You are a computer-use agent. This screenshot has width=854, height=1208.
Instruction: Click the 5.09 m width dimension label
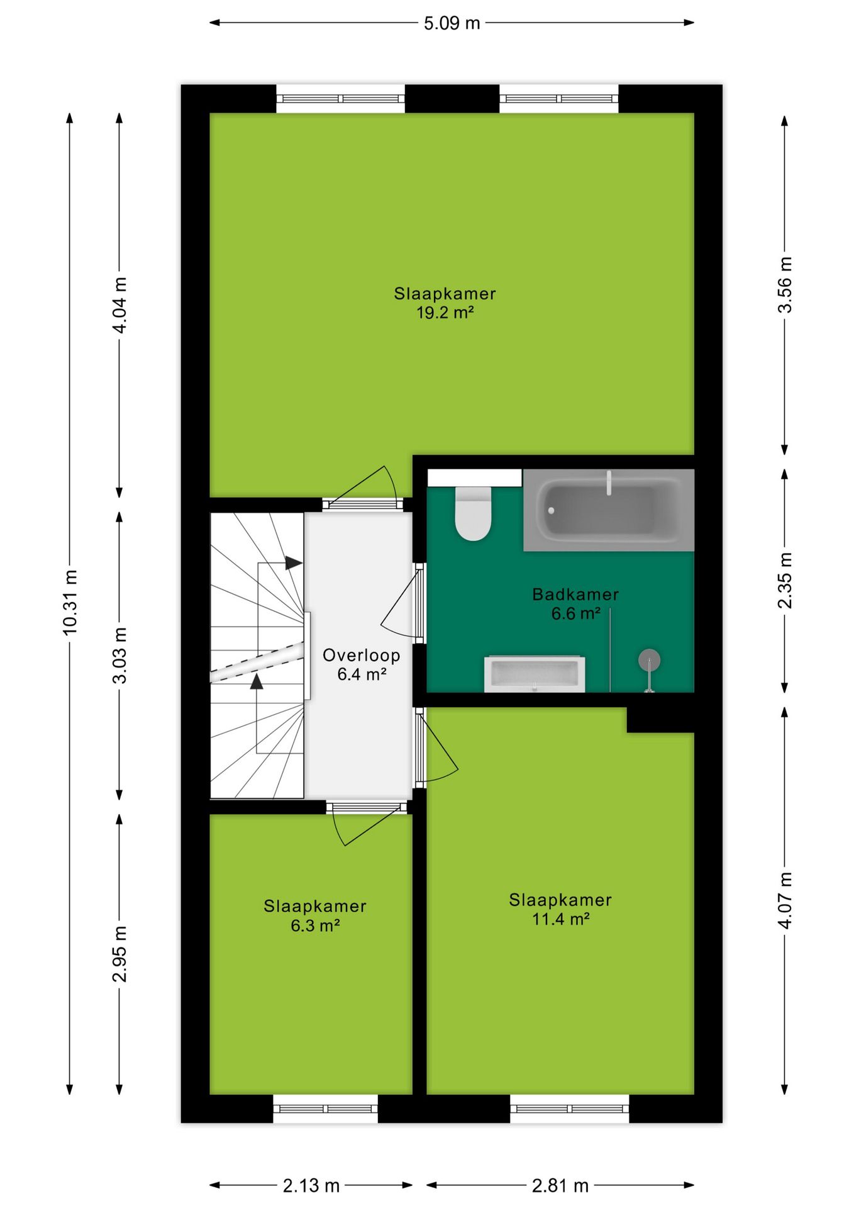(x=452, y=24)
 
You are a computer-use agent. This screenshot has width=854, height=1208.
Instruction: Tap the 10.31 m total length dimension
(x=70, y=602)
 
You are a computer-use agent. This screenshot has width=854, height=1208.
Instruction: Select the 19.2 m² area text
(x=445, y=313)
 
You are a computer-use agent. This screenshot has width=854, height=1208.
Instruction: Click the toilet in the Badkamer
(x=473, y=514)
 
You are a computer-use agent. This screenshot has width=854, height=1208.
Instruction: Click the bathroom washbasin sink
(x=535, y=674)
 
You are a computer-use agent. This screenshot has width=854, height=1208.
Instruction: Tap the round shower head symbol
(x=649, y=660)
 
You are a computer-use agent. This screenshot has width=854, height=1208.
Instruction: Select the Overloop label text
(x=361, y=656)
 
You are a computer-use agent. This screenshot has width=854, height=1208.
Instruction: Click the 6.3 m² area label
(x=315, y=926)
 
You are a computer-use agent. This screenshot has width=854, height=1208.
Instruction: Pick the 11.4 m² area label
(x=560, y=919)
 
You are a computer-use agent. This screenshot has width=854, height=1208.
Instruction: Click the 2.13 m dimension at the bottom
(x=311, y=1186)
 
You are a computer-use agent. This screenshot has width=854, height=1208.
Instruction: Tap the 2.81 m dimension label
(x=560, y=1186)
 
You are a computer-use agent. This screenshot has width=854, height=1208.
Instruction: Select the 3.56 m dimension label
(x=785, y=284)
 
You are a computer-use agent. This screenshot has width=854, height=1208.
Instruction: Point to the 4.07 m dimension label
(x=785, y=900)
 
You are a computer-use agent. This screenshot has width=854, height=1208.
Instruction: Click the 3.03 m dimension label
(x=119, y=655)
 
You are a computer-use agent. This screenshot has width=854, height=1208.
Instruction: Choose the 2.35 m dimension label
(x=785, y=580)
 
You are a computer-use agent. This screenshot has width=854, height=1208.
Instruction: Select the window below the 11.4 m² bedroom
(x=569, y=1109)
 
